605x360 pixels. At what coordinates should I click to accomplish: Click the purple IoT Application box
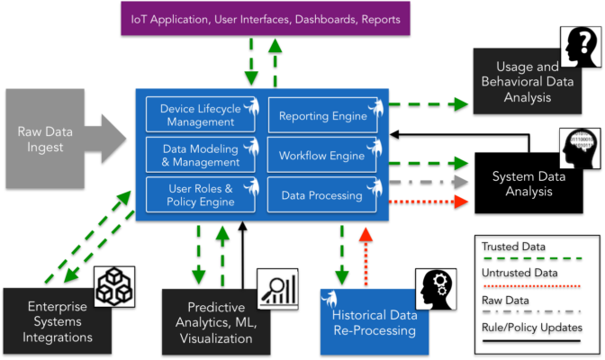[266, 19]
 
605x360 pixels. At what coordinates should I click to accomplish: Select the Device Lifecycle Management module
[200, 114]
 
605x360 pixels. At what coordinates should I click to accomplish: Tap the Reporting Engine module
[322, 115]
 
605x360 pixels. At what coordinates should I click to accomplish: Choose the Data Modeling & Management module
[200, 155]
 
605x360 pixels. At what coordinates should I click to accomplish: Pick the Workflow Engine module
[321, 155]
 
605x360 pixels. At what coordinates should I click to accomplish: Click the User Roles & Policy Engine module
[200, 195]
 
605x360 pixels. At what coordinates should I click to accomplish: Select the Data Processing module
[321, 195]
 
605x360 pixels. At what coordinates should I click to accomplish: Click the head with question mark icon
[581, 47]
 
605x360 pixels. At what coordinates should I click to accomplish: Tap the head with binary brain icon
[580, 148]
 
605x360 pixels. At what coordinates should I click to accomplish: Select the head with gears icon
[436, 290]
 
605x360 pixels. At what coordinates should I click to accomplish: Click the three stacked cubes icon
[114, 287]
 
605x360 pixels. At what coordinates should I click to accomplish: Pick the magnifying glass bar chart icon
[278, 290]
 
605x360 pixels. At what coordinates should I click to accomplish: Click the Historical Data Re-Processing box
[375, 322]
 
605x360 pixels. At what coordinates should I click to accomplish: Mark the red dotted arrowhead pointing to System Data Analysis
[462, 202]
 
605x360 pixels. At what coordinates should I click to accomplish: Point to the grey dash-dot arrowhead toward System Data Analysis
[462, 182]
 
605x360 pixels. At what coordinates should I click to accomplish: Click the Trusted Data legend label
[513, 247]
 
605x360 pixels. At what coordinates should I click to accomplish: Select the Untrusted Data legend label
[519, 274]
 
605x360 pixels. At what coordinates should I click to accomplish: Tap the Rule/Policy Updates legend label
[532, 328]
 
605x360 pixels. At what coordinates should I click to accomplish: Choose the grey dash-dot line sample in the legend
[531, 311]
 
